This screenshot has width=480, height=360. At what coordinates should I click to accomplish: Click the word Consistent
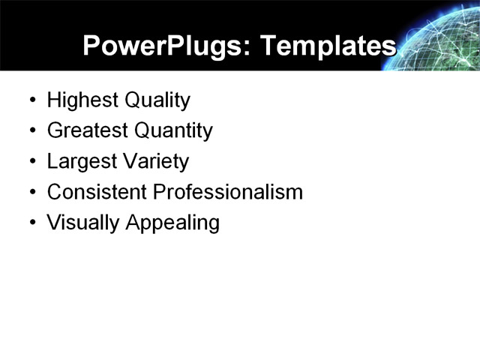pyautogui.click(x=97, y=193)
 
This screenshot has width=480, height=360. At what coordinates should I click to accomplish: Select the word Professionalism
pyautogui.click(x=228, y=193)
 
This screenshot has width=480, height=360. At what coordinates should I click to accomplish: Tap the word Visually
pyautogui.click(x=79, y=223)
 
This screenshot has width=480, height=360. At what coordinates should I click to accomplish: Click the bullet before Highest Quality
pyautogui.click(x=31, y=100)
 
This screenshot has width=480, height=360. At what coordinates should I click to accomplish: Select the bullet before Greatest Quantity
pyautogui.click(x=31, y=131)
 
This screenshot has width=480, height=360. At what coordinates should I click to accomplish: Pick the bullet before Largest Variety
pyautogui.click(x=31, y=162)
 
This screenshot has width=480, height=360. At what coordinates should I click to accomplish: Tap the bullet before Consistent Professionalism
pyautogui.click(x=31, y=193)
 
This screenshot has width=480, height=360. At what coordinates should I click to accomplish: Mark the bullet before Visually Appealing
pyautogui.click(x=31, y=223)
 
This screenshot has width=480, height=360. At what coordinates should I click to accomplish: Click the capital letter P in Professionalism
pyautogui.click(x=159, y=193)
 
